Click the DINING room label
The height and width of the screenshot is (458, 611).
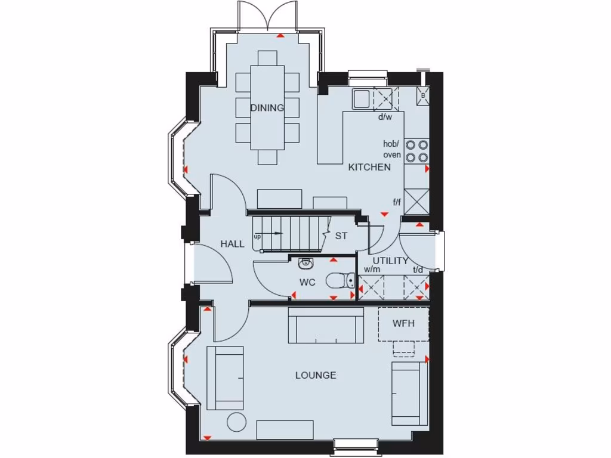click(267, 108)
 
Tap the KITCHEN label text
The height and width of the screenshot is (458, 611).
click(369, 167)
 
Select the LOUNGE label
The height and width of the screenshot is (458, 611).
click(316, 375)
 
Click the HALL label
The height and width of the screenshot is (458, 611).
click(232, 243)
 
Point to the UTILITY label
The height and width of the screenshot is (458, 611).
click(391, 261)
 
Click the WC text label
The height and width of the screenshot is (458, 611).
click(307, 282)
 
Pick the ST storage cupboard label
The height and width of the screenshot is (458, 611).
click(341, 236)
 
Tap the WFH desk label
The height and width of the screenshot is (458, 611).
click(403, 323)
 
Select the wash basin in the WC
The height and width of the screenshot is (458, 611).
click(306, 262)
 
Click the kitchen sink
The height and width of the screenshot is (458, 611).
click(362, 98)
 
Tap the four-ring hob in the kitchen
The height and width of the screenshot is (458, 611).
click(416, 150)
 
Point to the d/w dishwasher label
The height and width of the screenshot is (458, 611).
click(385, 117)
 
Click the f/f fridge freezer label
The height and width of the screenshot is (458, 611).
click(397, 203)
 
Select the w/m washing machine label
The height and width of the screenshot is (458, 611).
click(372, 270)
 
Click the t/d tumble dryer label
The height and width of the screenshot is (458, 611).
click(418, 270)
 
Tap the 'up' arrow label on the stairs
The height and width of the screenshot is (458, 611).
click(258, 237)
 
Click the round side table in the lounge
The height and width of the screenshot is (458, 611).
click(237, 422)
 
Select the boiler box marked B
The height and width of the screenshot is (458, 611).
click(423, 95)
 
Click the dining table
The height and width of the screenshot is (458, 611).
click(267, 107)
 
